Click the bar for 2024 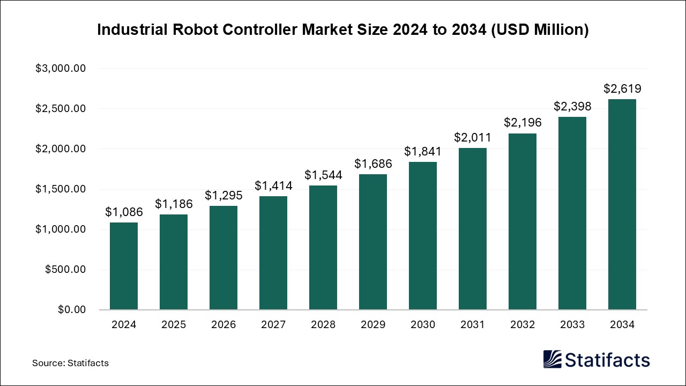[x=124, y=266]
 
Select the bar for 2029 [x=373, y=242]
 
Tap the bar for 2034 [x=622, y=204]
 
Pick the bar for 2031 [x=473, y=229]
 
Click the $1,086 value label [x=124, y=212]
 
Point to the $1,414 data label [x=273, y=186]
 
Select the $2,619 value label [x=622, y=89]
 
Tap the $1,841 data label [x=423, y=152]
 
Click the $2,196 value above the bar [x=523, y=123]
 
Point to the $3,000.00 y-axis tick [x=61, y=69]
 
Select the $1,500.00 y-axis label [x=61, y=189]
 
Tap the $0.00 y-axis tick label [x=71, y=310]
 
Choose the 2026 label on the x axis [x=223, y=325]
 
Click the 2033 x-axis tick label [x=572, y=325]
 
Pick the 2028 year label [x=323, y=325]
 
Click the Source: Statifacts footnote [x=70, y=363]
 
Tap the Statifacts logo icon [x=552, y=359]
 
